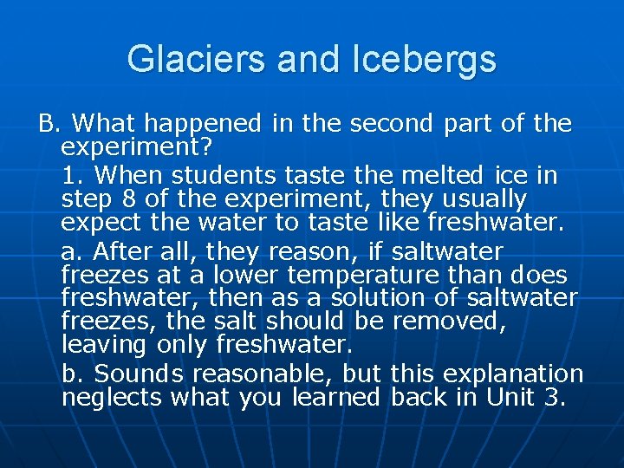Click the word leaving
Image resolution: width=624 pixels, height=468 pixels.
click(x=105, y=345)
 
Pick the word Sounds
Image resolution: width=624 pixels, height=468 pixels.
click(x=139, y=374)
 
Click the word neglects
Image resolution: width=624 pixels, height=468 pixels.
click(x=112, y=398)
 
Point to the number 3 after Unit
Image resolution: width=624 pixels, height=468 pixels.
click(x=555, y=398)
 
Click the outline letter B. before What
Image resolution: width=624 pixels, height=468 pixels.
click(x=47, y=124)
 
